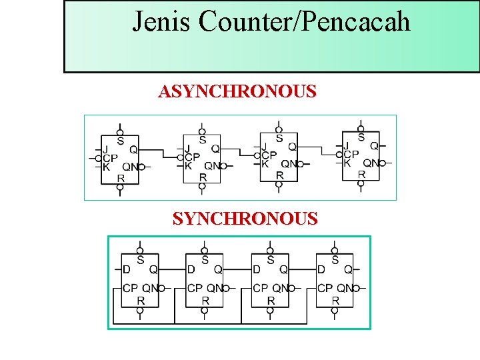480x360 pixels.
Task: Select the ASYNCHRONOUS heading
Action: click(237, 91)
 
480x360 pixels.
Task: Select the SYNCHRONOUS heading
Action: click(245, 219)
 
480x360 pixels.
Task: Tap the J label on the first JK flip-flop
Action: click(105, 149)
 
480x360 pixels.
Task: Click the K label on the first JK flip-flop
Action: click(106, 167)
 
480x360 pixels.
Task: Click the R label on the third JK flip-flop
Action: click(279, 175)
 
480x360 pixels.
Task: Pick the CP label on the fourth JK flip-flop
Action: click(360, 154)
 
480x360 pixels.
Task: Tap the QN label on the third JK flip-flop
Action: click(289, 164)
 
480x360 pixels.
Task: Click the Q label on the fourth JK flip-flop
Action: click(374, 145)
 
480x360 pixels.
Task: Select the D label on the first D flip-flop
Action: click(126, 270)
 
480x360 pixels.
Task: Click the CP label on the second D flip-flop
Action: click(194, 289)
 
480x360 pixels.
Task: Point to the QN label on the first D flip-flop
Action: click(152, 289)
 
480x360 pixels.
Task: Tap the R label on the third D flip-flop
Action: click(271, 301)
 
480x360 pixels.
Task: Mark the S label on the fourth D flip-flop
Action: click(335, 259)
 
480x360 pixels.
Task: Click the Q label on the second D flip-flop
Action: click(218, 270)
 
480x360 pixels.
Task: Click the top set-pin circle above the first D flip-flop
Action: click(139, 251)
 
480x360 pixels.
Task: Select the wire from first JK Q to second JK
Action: click(160, 149)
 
